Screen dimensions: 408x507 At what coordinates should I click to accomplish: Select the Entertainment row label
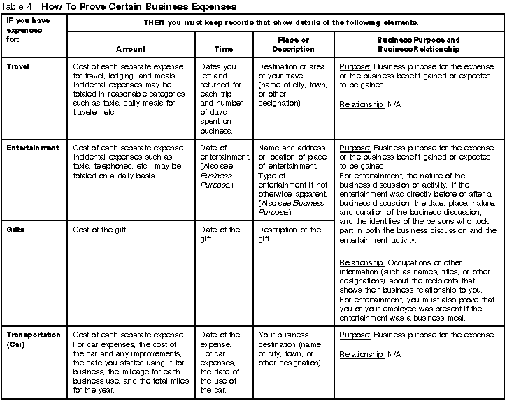(33, 148)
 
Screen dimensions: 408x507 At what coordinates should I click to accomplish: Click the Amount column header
(131, 49)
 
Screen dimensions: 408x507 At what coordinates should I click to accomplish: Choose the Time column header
(223, 49)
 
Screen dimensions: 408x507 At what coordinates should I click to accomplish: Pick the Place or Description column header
(293, 45)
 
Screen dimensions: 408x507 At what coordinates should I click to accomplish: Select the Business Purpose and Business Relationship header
(417, 45)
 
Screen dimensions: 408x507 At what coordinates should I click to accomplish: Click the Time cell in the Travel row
(223, 99)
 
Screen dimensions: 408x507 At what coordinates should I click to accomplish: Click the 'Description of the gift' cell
(290, 234)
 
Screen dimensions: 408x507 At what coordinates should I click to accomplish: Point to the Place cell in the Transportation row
(290, 349)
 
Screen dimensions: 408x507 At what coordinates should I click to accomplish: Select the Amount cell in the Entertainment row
(129, 162)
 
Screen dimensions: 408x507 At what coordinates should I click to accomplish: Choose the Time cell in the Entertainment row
(223, 167)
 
